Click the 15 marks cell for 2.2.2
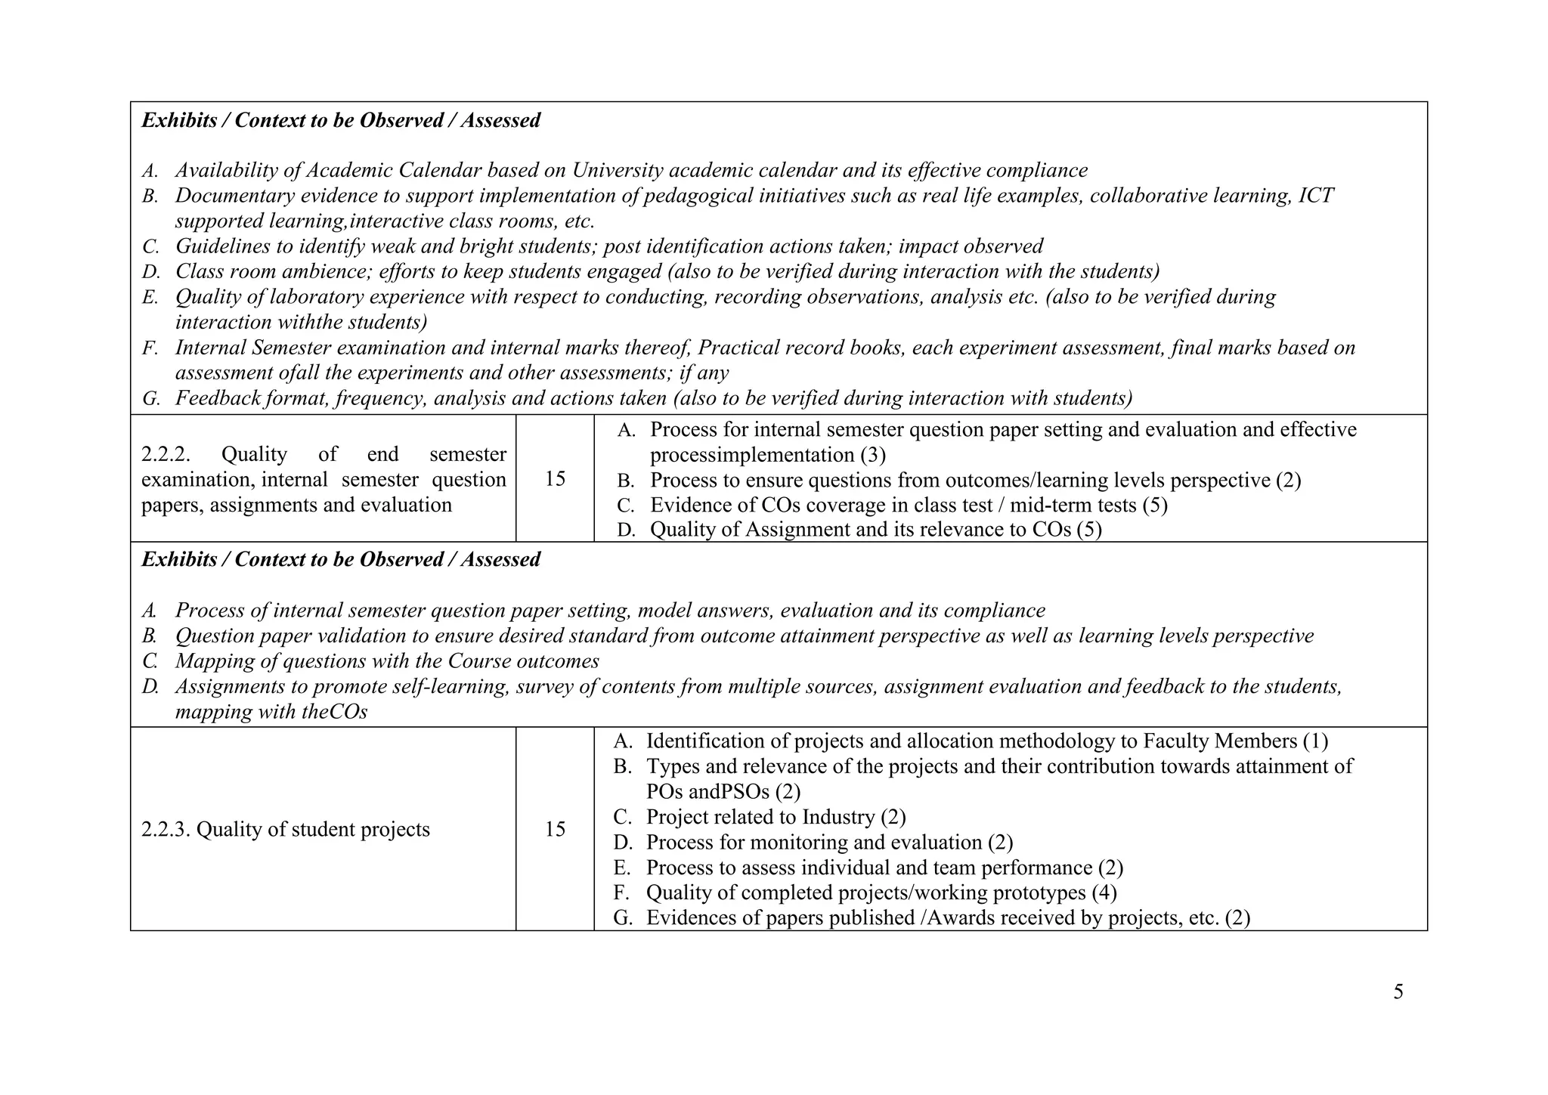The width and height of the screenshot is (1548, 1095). [555, 479]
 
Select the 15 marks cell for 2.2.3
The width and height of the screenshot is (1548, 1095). [555, 830]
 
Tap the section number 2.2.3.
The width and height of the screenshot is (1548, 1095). [166, 830]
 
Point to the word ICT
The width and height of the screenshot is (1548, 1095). [1315, 196]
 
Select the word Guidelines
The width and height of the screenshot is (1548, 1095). [217, 246]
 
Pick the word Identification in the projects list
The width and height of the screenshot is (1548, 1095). [707, 741]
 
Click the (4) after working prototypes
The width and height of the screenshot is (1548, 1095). [1104, 893]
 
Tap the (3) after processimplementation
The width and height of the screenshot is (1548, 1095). [872, 455]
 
